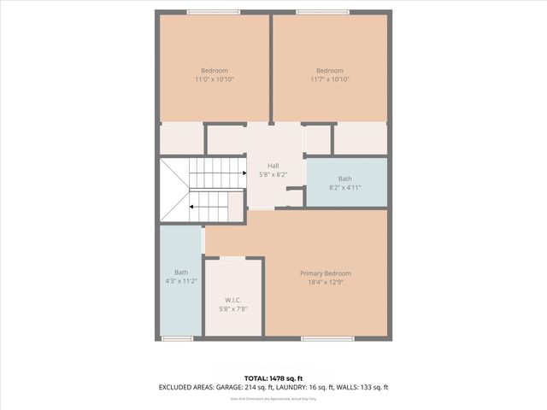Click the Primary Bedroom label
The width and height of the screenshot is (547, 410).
click(x=325, y=273)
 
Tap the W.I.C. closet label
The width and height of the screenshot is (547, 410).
click(x=232, y=300)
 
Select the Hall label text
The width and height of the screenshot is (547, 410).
click(x=273, y=166)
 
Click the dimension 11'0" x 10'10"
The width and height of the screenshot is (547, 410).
click(x=215, y=79)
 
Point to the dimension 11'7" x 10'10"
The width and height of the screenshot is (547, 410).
click(x=330, y=79)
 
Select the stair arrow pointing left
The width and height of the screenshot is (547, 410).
click(x=194, y=206)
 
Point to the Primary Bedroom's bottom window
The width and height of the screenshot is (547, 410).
click(x=327, y=339)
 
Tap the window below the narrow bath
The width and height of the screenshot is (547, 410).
click(x=178, y=339)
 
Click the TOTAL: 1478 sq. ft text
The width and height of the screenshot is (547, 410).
click(x=273, y=378)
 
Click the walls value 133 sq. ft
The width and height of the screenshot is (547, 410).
click(x=377, y=387)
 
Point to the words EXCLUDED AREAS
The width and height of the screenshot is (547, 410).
click(x=186, y=387)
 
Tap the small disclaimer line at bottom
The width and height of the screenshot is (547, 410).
click(x=273, y=398)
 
